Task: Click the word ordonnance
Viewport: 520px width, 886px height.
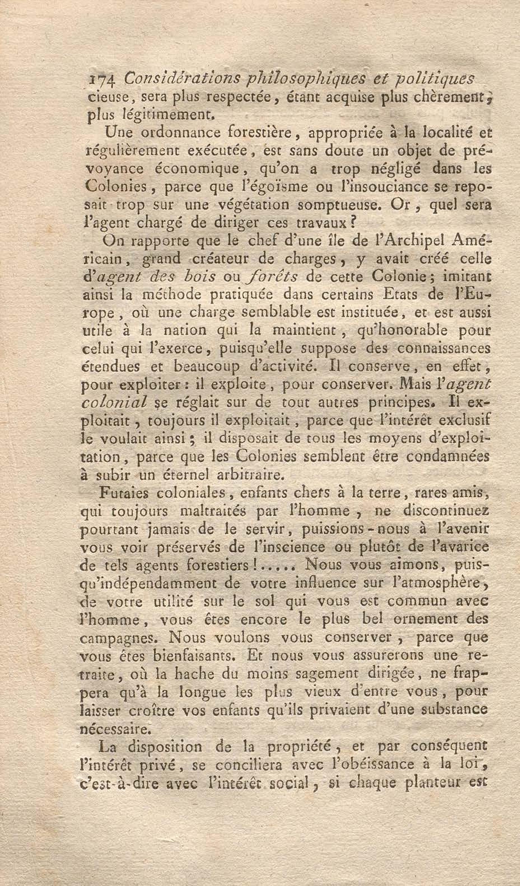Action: tap(171, 133)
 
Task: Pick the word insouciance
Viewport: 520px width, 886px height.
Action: tap(383, 186)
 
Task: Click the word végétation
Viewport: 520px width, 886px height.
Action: tap(253, 205)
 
